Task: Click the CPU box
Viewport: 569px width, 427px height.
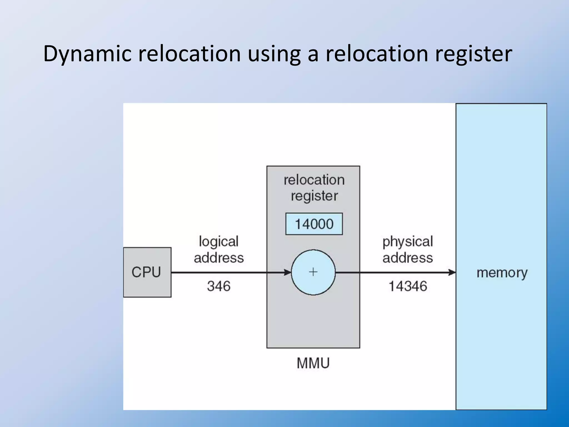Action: pyautogui.click(x=147, y=272)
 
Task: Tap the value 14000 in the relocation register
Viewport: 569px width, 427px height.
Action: pyautogui.click(x=314, y=224)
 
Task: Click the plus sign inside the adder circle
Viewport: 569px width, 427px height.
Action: pyautogui.click(x=313, y=272)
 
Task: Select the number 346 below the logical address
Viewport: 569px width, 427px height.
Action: pyautogui.click(x=219, y=286)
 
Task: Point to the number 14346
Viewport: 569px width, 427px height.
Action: pyautogui.click(x=408, y=286)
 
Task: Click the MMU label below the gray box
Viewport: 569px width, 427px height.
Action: pyautogui.click(x=313, y=363)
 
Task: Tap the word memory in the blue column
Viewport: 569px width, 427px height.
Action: pyautogui.click(x=502, y=273)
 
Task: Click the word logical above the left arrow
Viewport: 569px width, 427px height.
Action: pyautogui.click(x=219, y=242)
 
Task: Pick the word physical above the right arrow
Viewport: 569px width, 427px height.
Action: pyautogui.click(x=408, y=242)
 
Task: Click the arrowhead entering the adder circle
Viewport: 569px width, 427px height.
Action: pyautogui.click(x=288, y=272)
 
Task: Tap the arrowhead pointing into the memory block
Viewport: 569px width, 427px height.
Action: pyautogui.click(x=452, y=272)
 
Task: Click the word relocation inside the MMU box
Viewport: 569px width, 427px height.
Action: pyautogui.click(x=314, y=180)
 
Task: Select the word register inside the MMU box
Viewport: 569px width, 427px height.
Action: pyautogui.click(x=314, y=196)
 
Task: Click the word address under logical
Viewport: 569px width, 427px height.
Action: pyautogui.click(x=219, y=258)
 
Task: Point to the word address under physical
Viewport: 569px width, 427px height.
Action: pyautogui.click(x=408, y=258)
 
